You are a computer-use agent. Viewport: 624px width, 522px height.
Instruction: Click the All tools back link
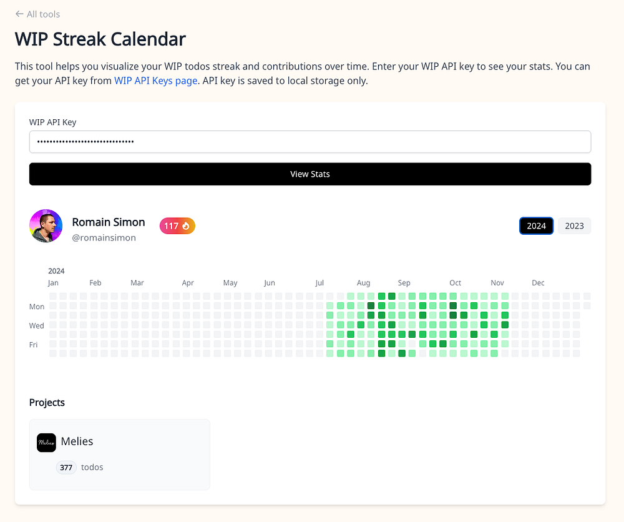pyautogui.click(x=37, y=14)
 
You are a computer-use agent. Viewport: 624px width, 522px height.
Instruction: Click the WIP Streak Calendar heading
pyautogui.click(x=100, y=39)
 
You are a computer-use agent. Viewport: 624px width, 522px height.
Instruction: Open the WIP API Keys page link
pyautogui.click(x=155, y=81)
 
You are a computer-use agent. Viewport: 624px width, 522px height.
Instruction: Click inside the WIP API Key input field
pyautogui.click(x=310, y=142)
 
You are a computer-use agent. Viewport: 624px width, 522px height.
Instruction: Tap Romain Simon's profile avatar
pyautogui.click(x=46, y=226)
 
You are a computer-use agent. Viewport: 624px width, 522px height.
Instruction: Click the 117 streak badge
pyautogui.click(x=177, y=226)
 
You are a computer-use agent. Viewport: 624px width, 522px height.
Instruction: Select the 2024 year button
pyautogui.click(x=536, y=226)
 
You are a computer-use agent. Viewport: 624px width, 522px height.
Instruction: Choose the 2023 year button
pyautogui.click(x=574, y=226)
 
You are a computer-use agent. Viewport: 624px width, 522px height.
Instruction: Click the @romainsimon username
pyautogui.click(x=104, y=238)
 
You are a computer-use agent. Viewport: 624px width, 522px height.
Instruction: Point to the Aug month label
pyautogui.click(x=363, y=283)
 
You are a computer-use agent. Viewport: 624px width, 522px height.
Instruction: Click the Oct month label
pyautogui.click(x=456, y=283)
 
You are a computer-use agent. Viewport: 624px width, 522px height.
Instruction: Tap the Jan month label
pyautogui.click(x=53, y=283)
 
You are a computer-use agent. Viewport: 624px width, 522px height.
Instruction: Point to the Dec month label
pyautogui.click(x=538, y=283)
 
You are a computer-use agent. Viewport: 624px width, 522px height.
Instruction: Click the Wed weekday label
pyautogui.click(x=37, y=326)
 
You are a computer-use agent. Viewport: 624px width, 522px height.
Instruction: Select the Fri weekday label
pyautogui.click(x=34, y=345)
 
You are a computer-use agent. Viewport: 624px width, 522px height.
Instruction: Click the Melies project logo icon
pyautogui.click(x=46, y=443)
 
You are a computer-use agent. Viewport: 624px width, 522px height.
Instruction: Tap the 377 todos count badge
pyautogui.click(x=66, y=468)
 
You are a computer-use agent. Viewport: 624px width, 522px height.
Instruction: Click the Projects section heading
pyautogui.click(x=47, y=403)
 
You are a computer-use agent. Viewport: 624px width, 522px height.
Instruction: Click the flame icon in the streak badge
pyautogui.click(x=186, y=226)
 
